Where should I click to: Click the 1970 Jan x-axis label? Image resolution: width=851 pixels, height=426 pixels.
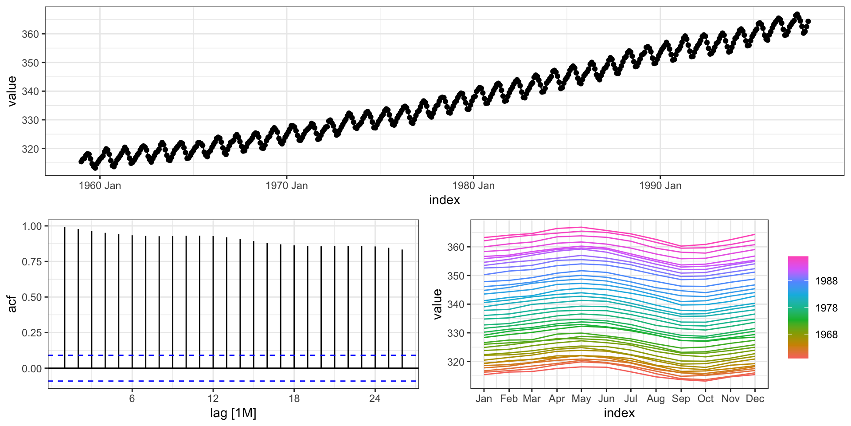point(286,186)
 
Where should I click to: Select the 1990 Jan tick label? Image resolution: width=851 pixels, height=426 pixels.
point(660,186)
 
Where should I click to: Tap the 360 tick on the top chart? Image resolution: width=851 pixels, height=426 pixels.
point(30,34)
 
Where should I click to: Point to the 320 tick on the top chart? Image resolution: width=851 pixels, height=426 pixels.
point(30,149)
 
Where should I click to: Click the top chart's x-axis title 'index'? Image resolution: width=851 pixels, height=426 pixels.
point(444,200)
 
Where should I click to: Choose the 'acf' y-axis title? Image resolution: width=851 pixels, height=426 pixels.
point(12,304)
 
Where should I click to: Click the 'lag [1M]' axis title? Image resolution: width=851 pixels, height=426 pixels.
point(233,413)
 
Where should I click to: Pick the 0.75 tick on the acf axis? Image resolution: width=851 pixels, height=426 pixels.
point(31,262)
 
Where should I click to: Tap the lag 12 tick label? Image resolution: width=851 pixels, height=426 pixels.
point(213,398)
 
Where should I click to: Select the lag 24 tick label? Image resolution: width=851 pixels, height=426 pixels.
point(375,398)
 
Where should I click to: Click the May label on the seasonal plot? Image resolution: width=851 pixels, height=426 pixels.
point(581,398)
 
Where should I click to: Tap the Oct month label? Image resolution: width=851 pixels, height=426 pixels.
point(705,398)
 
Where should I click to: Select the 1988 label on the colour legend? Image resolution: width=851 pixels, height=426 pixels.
point(826,281)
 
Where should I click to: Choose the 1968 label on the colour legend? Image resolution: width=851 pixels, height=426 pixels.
point(826,335)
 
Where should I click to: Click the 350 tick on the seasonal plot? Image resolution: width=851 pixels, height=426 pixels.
point(456,276)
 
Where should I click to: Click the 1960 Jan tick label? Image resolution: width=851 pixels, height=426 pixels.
point(100,186)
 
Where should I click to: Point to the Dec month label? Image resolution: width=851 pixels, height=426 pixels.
point(755,398)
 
